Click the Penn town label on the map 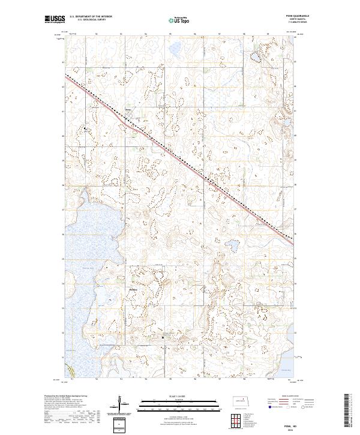click(x=128, y=109)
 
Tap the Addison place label click(x=134, y=289)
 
